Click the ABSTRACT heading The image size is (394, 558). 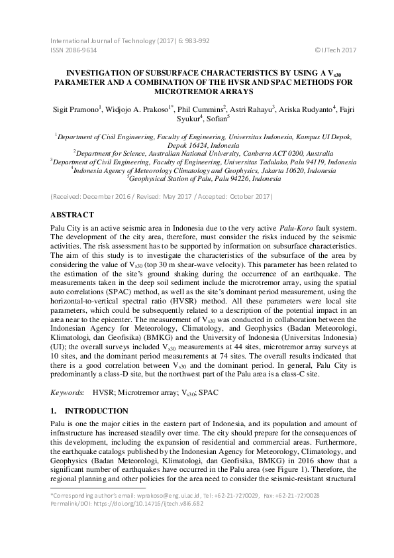pyautogui.click(x=73, y=215)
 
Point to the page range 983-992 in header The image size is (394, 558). pyautogui.click(x=195, y=40)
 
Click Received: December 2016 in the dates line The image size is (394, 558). pyautogui.click(x=86, y=197)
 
